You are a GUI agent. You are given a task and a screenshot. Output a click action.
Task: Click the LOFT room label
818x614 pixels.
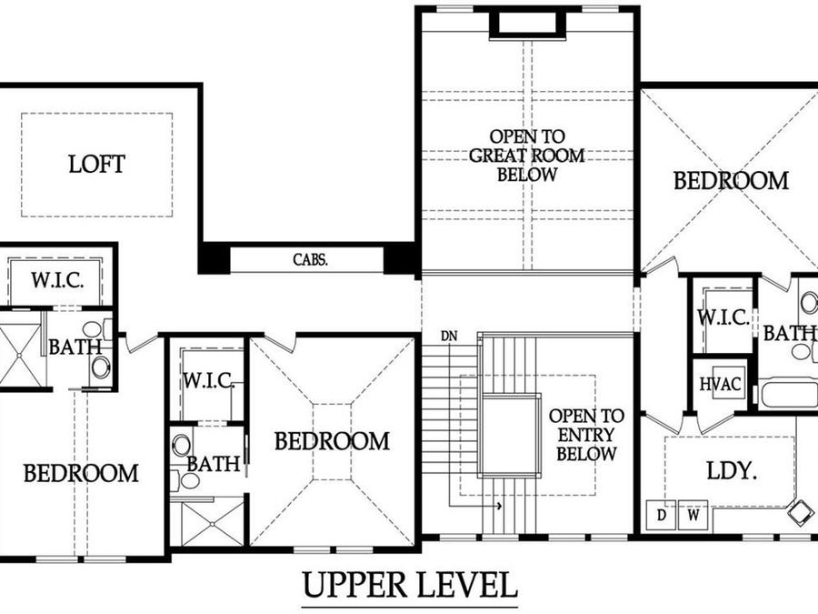pos(96,165)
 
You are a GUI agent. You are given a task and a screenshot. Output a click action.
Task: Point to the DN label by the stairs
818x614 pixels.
pos(448,336)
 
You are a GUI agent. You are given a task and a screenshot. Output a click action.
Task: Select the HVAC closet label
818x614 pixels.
pos(721,384)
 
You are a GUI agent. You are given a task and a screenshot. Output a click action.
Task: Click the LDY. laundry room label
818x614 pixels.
pos(733,472)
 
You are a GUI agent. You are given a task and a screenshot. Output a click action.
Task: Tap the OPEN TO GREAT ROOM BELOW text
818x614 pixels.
pos(526,156)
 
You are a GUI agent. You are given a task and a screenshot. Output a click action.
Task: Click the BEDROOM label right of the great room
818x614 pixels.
pos(731,180)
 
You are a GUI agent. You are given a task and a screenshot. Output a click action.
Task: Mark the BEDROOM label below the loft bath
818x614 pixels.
pos(81,473)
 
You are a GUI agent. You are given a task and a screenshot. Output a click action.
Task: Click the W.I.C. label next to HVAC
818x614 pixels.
pos(723,318)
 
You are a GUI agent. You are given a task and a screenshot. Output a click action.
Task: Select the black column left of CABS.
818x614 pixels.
pos(214,258)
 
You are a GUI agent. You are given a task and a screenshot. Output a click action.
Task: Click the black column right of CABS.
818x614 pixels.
pos(401,258)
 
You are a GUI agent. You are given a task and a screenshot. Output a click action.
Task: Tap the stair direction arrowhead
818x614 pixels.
pos(499,508)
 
